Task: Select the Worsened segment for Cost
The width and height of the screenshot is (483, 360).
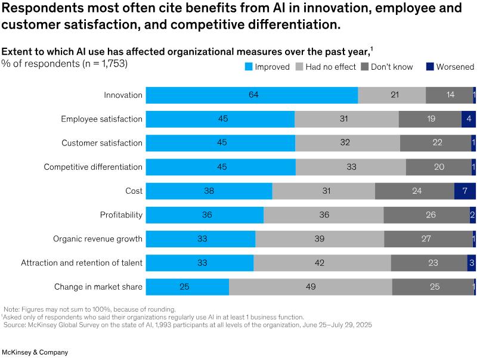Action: click(x=465, y=191)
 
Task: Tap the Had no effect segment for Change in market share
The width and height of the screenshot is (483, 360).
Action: click(x=311, y=287)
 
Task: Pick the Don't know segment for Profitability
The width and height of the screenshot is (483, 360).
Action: click(x=426, y=215)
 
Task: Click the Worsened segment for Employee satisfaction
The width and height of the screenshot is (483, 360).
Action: click(x=469, y=119)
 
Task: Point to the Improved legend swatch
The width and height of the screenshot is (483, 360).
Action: click(x=249, y=67)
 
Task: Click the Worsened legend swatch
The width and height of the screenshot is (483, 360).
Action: click(x=431, y=67)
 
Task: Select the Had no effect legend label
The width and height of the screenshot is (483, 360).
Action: click(x=330, y=67)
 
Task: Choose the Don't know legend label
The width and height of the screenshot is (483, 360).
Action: click(x=392, y=67)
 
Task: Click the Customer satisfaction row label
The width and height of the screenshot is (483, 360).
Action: click(x=102, y=143)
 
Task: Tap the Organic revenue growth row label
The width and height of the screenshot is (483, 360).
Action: click(x=98, y=239)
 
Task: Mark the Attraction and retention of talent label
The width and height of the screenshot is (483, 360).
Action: click(x=82, y=263)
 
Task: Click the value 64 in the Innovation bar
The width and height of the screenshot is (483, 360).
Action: click(x=252, y=95)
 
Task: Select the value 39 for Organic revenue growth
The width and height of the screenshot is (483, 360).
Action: click(x=320, y=239)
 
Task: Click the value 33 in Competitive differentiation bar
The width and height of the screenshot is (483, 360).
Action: click(x=351, y=167)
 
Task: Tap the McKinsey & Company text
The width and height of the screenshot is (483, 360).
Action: click(x=35, y=352)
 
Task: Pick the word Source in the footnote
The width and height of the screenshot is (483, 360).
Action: click(x=17, y=325)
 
